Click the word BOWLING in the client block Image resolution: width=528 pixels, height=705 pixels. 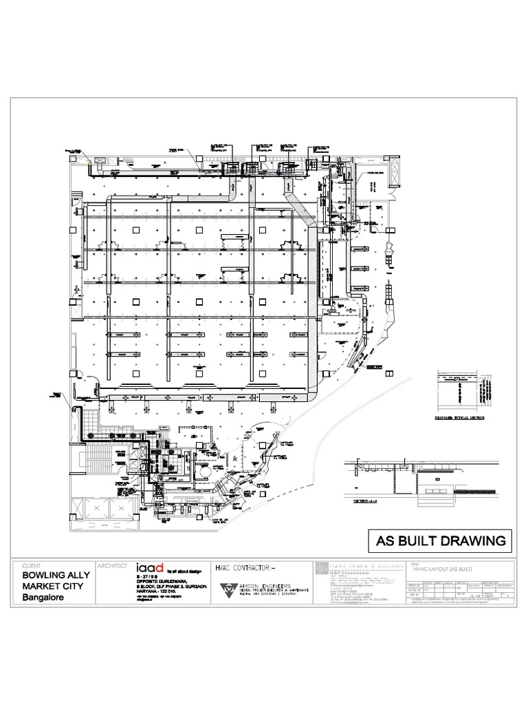[x=41, y=574]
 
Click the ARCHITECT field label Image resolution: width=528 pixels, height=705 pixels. [x=112, y=565]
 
